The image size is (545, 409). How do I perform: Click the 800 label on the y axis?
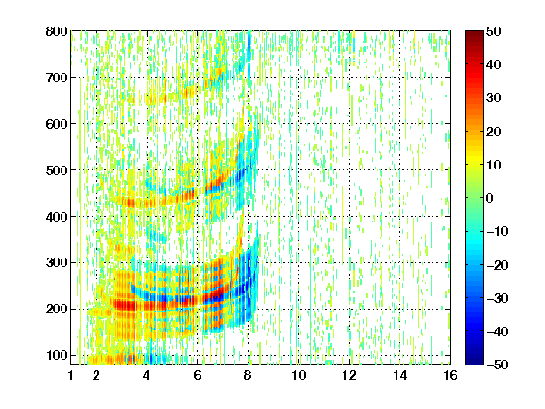[x=57, y=31]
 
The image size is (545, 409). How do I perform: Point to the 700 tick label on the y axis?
[x=57, y=78]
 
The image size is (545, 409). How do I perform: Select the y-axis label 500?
[x=57, y=170]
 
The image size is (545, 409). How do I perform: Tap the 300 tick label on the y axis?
[x=57, y=263]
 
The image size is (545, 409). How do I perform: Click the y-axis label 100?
[x=57, y=355]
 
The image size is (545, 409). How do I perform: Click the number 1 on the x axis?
[x=71, y=375]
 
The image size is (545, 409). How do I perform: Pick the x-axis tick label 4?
[x=147, y=375]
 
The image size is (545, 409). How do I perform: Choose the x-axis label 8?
[x=247, y=375]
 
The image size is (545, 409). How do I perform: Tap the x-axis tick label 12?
[x=348, y=375]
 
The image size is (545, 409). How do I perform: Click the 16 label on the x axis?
[x=450, y=375]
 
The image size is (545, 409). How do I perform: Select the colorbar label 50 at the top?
[x=494, y=31]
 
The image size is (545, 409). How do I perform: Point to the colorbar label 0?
[x=490, y=198]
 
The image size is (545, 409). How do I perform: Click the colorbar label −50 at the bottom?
[x=498, y=365]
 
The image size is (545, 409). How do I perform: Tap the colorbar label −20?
[x=498, y=265]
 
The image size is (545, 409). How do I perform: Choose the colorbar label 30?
[x=494, y=98]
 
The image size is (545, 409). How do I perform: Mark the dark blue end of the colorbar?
[x=474, y=362]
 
